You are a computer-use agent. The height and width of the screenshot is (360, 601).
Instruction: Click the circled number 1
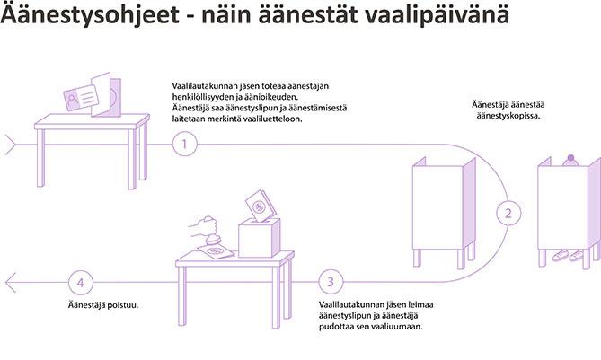(x=184, y=145)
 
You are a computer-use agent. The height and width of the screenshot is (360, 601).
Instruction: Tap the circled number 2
(x=508, y=214)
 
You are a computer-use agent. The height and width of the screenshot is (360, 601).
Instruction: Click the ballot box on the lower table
(x=260, y=237)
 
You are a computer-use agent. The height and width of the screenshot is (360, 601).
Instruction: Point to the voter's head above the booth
(x=568, y=160)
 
